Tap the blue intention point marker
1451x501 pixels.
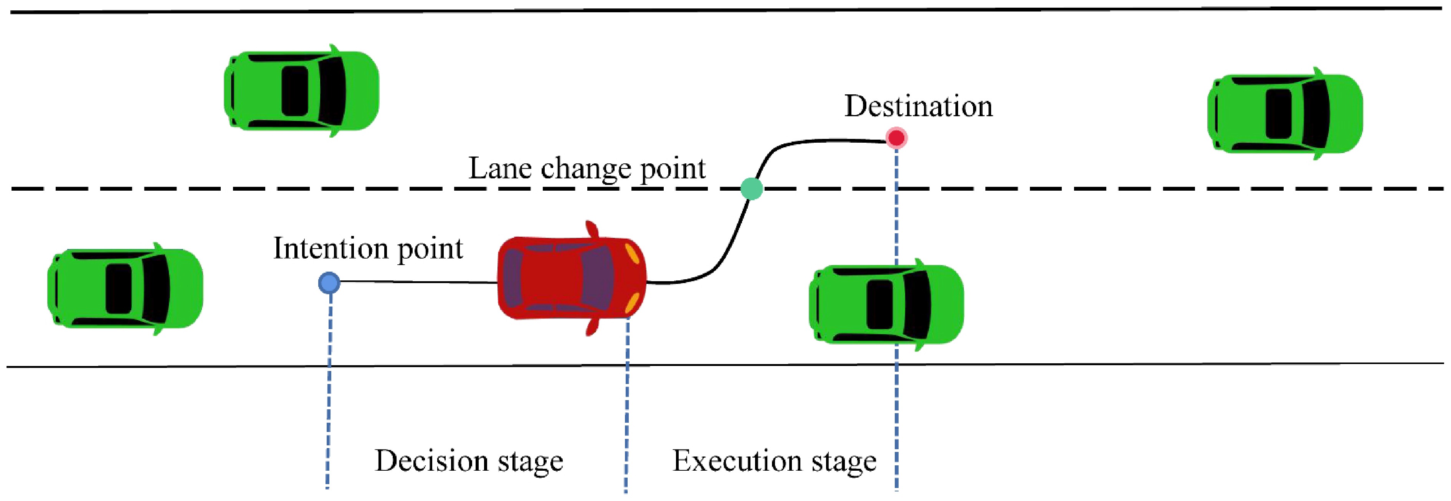point(329,283)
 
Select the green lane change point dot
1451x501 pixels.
point(752,189)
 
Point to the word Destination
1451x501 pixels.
point(918,106)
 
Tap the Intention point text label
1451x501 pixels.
point(368,248)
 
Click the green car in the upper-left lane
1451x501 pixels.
point(301,91)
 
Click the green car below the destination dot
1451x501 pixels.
point(886,305)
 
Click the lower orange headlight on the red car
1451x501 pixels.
point(632,304)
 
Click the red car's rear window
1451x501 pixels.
point(512,278)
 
